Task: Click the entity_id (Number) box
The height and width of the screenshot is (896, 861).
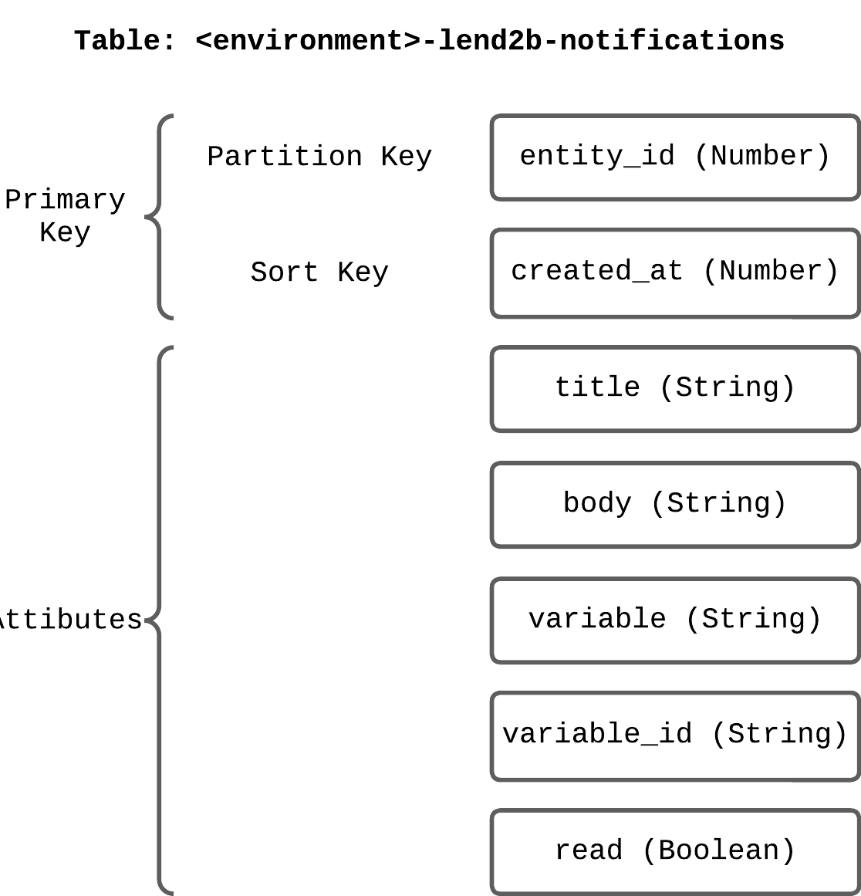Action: (x=675, y=157)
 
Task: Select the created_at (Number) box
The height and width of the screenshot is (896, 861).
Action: (x=675, y=272)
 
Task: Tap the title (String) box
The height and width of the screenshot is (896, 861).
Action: (x=675, y=388)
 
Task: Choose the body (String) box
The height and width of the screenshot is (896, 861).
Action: (x=675, y=504)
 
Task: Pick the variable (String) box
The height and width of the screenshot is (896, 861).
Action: (x=675, y=620)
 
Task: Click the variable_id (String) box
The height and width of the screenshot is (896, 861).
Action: (x=675, y=735)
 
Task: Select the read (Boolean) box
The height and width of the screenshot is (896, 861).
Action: (x=675, y=851)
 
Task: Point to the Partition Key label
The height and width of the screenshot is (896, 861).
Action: (x=319, y=157)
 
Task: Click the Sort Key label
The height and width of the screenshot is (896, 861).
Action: (x=319, y=272)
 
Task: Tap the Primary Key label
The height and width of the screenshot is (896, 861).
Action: (x=65, y=216)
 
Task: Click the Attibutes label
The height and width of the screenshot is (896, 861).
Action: (x=69, y=620)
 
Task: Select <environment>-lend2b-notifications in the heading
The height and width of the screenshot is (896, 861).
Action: (x=490, y=40)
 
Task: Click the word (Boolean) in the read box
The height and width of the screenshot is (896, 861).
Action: (x=718, y=851)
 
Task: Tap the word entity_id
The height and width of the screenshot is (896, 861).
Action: (x=597, y=157)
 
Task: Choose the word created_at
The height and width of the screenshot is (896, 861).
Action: (x=597, y=272)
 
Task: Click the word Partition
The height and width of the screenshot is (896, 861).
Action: (x=285, y=157)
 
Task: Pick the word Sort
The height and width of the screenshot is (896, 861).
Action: (x=284, y=272)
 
